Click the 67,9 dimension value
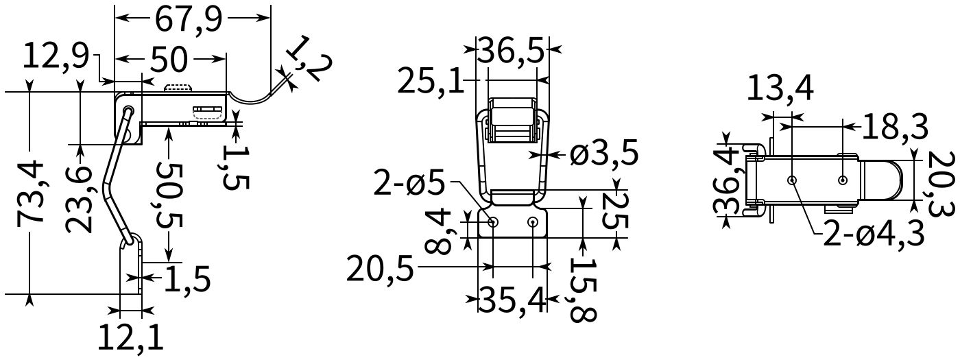[189, 19]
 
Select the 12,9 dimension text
[56, 56]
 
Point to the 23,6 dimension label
[80, 198]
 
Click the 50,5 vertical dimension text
[168, 194]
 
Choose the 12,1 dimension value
[130, 337]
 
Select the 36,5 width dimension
[511, 50]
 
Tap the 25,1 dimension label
[431, 82]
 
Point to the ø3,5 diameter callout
[604, 154]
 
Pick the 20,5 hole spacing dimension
[381, 268]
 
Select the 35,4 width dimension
[512, 300]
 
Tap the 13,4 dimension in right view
[780, 87]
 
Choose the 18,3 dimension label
[894, 127]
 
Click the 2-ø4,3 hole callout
[873, 233]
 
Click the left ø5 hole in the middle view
[493, 222]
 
